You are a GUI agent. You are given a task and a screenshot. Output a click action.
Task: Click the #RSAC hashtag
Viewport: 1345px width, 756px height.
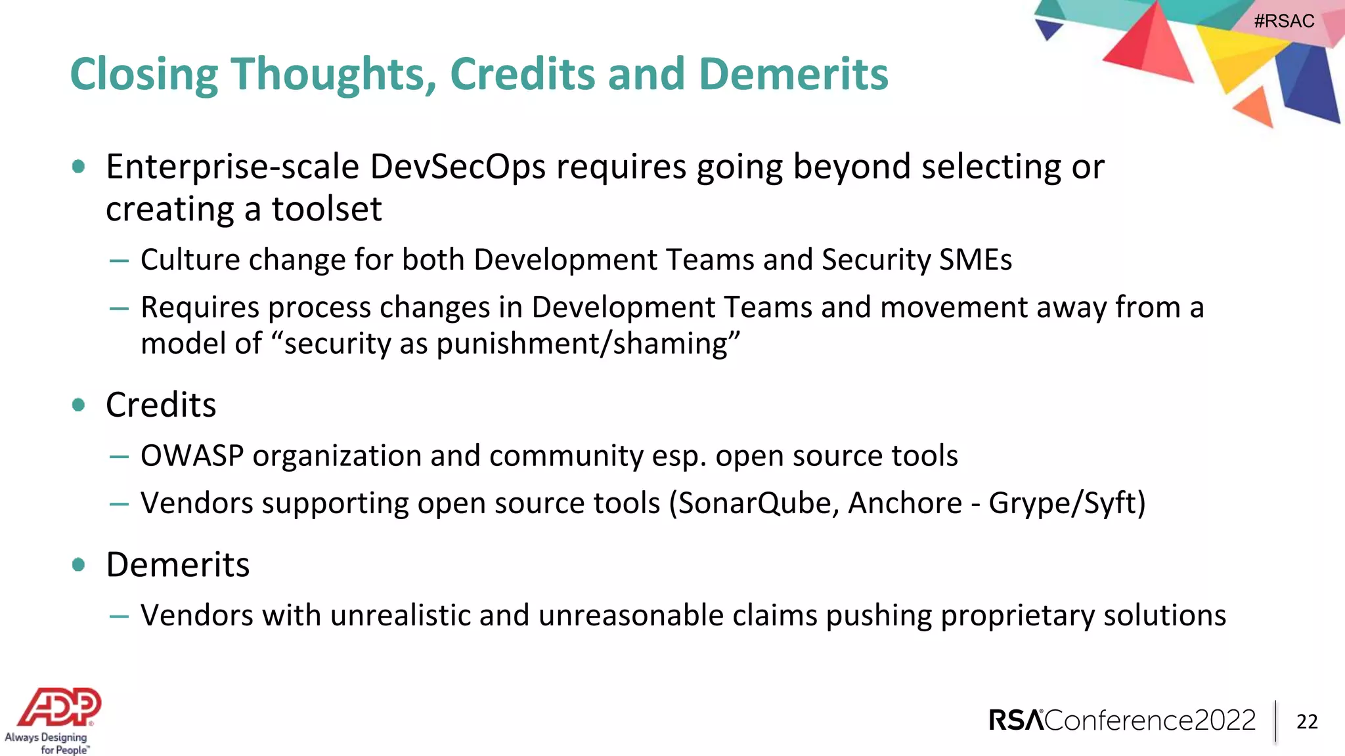[1284, 21]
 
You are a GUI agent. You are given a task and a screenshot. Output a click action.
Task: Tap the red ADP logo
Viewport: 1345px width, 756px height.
[60, 707]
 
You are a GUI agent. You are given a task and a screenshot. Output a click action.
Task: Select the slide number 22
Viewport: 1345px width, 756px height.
[1307, 722]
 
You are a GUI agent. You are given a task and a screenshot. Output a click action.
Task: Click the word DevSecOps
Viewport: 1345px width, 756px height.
[458, 167]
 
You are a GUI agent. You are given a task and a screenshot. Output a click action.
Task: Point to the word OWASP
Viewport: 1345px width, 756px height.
[192, 455]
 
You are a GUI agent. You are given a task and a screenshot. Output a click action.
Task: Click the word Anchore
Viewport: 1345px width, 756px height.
[905, 503]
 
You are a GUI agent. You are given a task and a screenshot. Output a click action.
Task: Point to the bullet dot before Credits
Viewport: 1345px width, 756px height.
[79, 405]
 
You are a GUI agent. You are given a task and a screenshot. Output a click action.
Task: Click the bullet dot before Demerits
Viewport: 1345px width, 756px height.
[79, 564]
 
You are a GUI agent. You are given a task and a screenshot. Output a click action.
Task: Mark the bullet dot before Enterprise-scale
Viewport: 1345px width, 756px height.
[79, 167]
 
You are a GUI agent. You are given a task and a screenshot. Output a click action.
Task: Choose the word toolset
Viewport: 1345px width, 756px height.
[326, 209]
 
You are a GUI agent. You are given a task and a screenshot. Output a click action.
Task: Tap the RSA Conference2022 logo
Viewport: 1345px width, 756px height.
[1122, 721]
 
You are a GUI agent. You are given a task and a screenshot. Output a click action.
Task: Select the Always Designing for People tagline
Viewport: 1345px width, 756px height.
[47, 744]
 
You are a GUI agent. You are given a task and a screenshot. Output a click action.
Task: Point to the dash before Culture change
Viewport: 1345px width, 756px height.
[119, 261]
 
